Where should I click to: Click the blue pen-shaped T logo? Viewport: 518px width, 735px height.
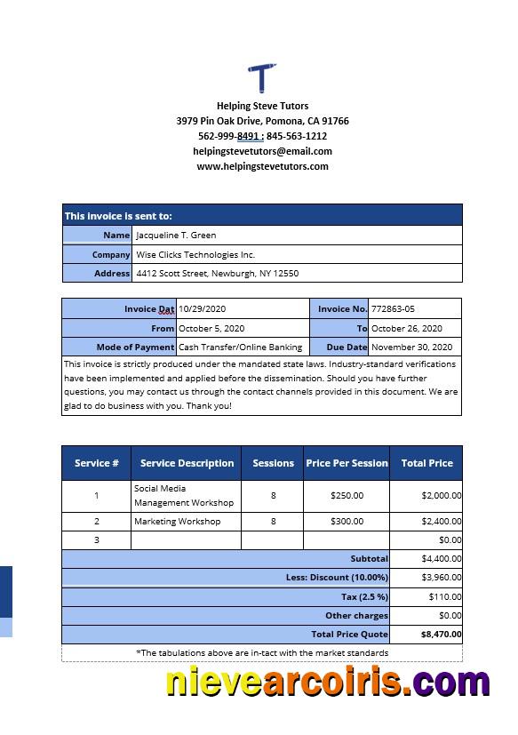click(x=262, y=77)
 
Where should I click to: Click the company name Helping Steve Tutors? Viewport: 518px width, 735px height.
click(x=262, y=106)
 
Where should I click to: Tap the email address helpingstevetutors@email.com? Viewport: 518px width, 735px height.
click(x=262, y=151)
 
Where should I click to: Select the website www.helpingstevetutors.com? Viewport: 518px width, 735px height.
click(x=262, y=166)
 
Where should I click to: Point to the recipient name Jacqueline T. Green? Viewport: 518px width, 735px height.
click(x=176, y=236)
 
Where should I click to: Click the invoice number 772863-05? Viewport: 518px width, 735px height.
click(x=393, y=309)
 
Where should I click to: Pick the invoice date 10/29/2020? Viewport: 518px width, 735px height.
click(x=203, y=309)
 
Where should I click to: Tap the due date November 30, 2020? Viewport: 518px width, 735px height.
click(x=411, y=348)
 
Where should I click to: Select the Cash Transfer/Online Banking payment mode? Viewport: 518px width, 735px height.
click(x=240, y=348)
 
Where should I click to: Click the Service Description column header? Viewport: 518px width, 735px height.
click(x=187, y=463)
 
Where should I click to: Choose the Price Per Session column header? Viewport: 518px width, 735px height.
click(x=347, y=463)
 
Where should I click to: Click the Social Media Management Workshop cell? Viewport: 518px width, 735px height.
click(x=184, y=496)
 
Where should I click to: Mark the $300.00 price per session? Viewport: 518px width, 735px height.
click(x=347, y=522)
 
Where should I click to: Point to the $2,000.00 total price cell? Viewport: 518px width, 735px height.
click(x=441, y=496)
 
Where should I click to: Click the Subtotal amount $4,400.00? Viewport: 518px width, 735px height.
click(x=442, y=559)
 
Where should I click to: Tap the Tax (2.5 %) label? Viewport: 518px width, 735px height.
click(x=365, y=596)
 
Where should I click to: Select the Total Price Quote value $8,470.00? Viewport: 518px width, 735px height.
click(x=441, y=635)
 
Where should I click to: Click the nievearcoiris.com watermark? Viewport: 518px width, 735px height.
click(x=327, y=683)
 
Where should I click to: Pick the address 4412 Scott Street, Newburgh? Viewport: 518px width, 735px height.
click(x=217, y=274)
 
